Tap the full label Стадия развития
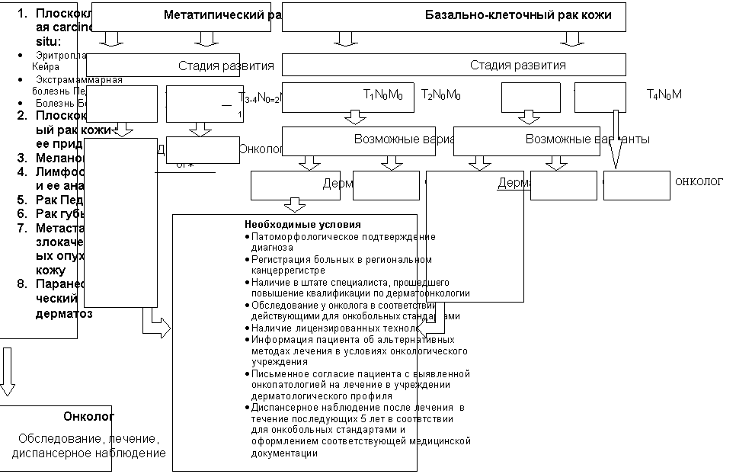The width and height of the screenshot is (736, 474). pos(517,65)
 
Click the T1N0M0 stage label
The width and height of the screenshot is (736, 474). pos(382,96)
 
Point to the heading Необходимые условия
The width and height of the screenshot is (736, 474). pos(302,225)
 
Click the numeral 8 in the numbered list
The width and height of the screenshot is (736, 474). pos(22,284)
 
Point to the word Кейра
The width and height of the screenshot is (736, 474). pos(45,67)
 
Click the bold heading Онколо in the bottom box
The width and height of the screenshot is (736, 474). pos(88,417)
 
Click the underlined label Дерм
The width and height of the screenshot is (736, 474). pos(510,184)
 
